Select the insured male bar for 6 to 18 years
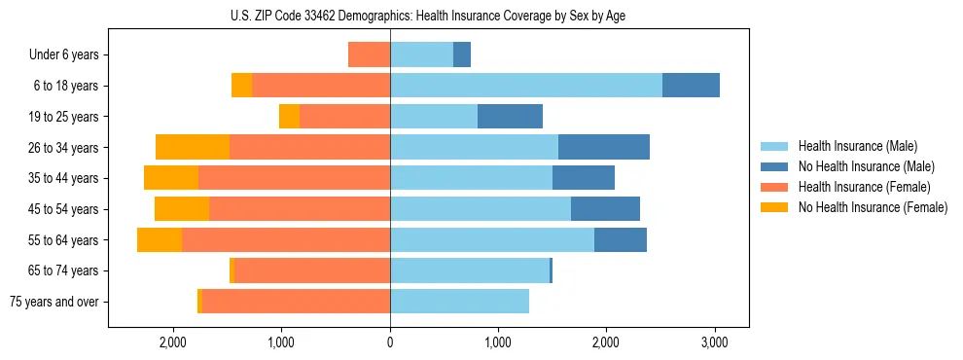(526, 86)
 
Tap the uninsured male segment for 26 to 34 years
(604, 147)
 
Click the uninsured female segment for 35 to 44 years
(171, 178)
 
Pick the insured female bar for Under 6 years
(369, 54)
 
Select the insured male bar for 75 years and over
(459, 302)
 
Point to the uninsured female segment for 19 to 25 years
(289, 117)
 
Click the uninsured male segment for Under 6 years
(462, 54)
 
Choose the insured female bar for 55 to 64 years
(286, 239)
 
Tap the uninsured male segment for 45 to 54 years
(605, 209)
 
